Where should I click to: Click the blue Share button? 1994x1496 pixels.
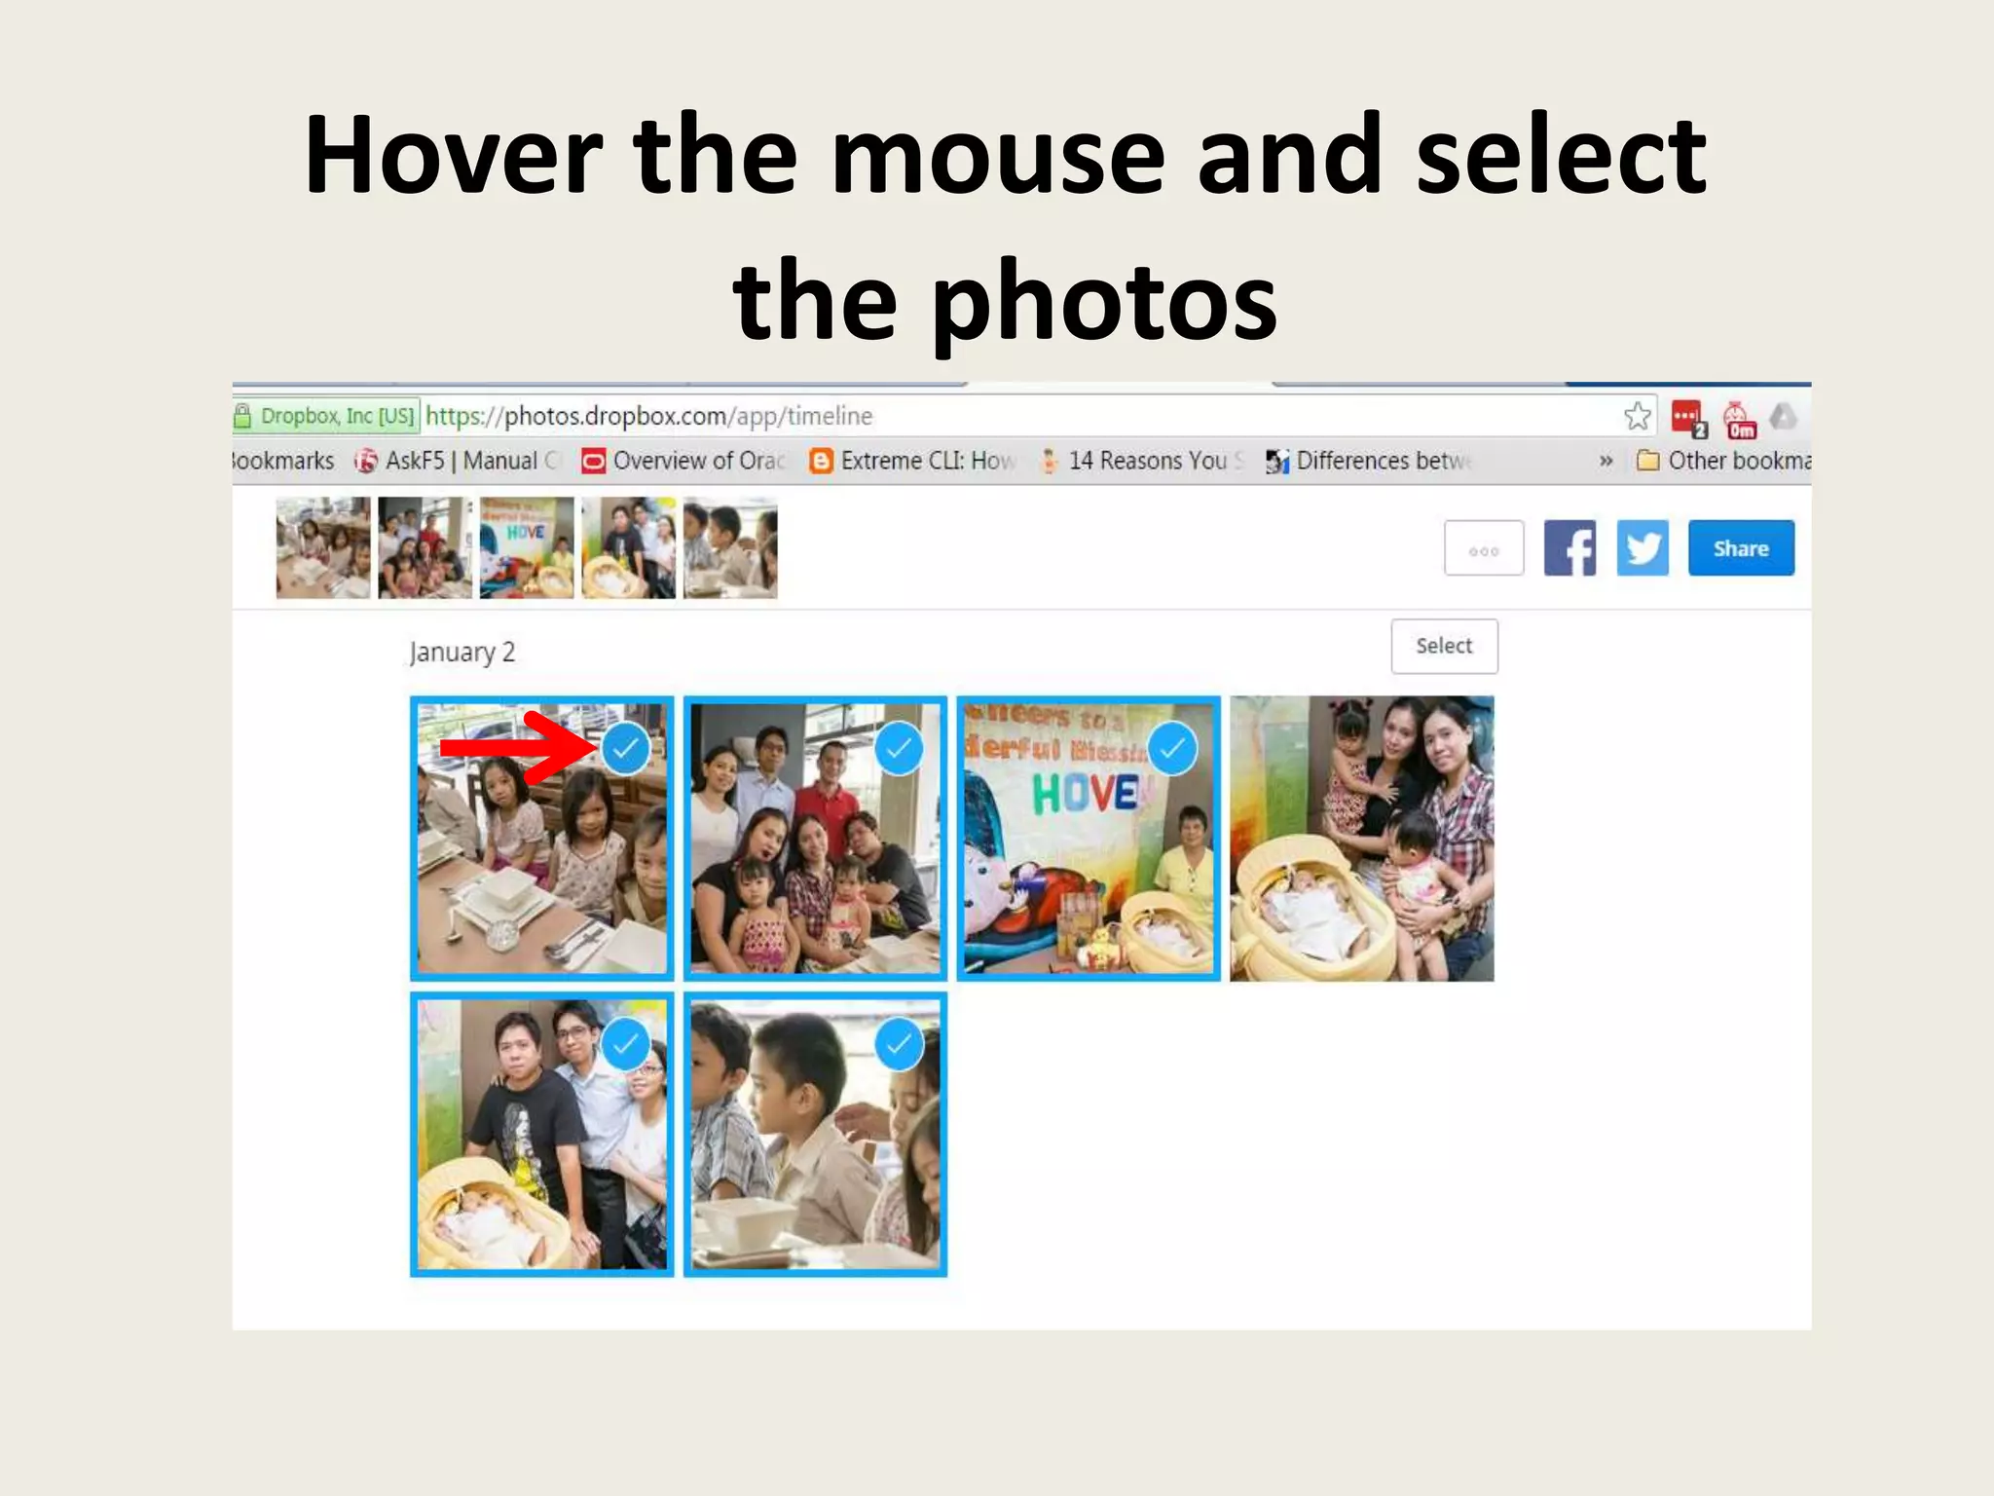(1740, 548)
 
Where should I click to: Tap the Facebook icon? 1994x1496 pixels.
(1569, 548)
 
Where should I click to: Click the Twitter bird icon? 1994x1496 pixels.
(1643, 548)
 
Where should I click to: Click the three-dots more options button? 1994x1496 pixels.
(1484, 549)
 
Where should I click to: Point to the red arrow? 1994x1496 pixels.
(516, 748)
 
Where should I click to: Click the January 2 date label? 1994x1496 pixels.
(462, 652)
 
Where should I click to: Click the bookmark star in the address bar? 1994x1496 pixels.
(1638, 417)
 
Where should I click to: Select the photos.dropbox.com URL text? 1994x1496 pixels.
(649, 417)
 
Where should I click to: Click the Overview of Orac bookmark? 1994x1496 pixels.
(697, 461)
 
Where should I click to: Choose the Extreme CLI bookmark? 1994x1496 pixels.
(925, 461)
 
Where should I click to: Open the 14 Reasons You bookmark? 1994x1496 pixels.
(1146, 461)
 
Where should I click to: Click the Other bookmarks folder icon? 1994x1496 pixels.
(1647, 461)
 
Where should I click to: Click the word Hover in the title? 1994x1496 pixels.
(453, 156)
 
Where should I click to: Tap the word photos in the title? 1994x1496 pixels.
(1104, 302)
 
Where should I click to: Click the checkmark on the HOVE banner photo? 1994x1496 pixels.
(1172, 748)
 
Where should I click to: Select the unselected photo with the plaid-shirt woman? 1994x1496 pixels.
(1361, 838)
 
